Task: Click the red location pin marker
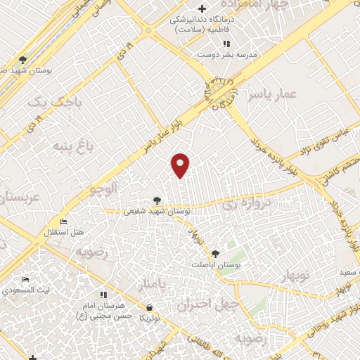tap(181, 165)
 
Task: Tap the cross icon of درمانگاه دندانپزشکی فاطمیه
tap(202, 9)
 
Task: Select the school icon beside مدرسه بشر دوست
tap(226, 44)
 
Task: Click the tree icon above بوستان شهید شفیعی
tap(157, 200)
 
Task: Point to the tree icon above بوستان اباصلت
tap(214, 255)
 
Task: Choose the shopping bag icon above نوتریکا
tap(149, 307)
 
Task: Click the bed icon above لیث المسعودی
tap(26, 280)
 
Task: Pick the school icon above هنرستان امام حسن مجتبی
tap(103, 294)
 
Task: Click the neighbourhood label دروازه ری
tap(240, 205)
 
